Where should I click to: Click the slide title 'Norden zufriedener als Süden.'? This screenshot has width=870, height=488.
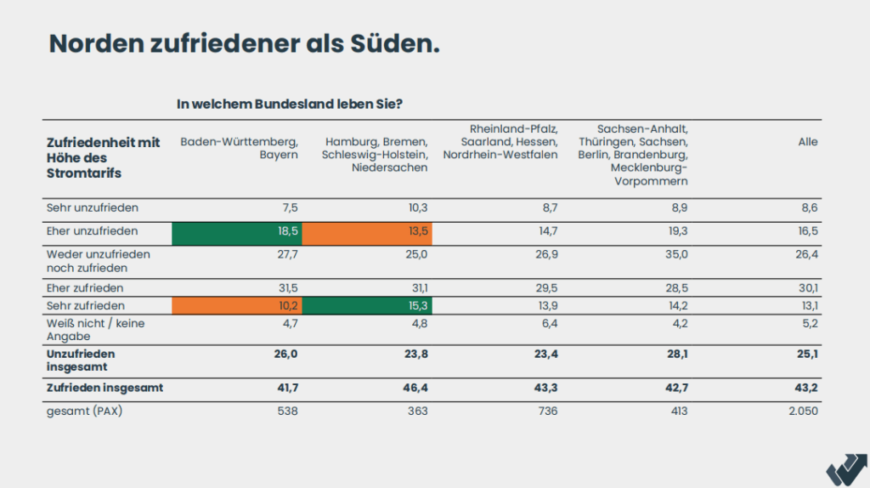(x=244, y=44)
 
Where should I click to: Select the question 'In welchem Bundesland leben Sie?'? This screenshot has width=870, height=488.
(x=289, y=105)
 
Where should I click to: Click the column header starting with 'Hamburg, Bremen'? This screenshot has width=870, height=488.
(x=375, y=155)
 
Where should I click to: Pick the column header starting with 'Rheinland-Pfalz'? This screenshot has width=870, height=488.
(x=500, y=142)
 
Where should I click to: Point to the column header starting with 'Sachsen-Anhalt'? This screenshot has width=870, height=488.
(x=633, y=155)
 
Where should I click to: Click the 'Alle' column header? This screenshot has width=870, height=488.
(x=808, y=142)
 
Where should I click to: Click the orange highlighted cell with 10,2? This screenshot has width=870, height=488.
(x=237, y=306)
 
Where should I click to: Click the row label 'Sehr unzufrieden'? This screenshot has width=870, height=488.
(x=92, y=207)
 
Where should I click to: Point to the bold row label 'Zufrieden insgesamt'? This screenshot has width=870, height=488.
(x=105, y=388)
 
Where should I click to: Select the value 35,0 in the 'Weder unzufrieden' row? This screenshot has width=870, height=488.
(x=675, y=254)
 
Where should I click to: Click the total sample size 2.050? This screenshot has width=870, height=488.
(x=801, y=411)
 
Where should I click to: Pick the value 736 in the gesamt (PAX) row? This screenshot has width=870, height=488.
(x=548, y=411)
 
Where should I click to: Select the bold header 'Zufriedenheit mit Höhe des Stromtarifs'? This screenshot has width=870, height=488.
(x=103, y=157)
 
